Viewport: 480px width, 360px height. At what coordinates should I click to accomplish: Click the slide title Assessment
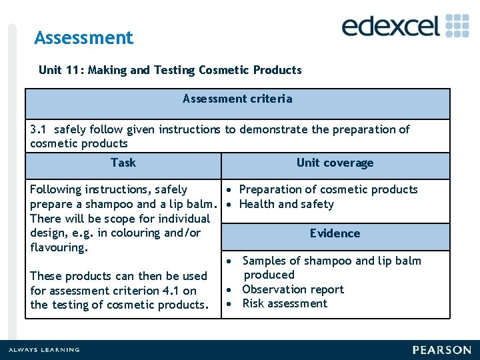(x=83, y=38)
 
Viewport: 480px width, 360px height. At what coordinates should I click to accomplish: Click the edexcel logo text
(x=391, y=26)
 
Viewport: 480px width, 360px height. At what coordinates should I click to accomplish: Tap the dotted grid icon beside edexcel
(x=457, y=25)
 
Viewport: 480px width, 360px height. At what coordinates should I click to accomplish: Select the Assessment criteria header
(x=237, y=99)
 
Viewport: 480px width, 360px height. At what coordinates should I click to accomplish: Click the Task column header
(x=123, y=163)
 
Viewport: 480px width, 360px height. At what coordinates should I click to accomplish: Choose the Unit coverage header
(x=335, y=163)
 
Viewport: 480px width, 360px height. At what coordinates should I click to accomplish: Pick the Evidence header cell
(x=335, y=233)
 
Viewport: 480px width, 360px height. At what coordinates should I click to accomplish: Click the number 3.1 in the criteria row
(x=39, y=129)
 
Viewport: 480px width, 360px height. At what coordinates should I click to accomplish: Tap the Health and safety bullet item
(x=286, y=205)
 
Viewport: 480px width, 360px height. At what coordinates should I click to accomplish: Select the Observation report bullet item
(x=293, y=289)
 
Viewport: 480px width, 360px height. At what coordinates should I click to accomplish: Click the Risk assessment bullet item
(x=285, y=304)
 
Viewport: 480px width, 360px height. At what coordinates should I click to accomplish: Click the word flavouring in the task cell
(x=59, y=248)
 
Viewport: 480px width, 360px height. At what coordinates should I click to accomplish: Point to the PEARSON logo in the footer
(x=441, y=350)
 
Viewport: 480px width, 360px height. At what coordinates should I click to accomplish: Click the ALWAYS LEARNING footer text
(x=43, y=350)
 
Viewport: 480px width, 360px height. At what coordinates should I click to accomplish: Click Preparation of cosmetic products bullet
(x=328, y=190)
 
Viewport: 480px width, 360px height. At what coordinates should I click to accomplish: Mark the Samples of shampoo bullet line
(x=331, y=261)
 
